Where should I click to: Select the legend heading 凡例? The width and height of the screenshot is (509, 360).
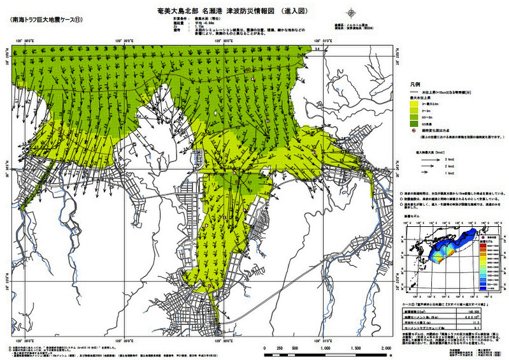click(414, 84)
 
